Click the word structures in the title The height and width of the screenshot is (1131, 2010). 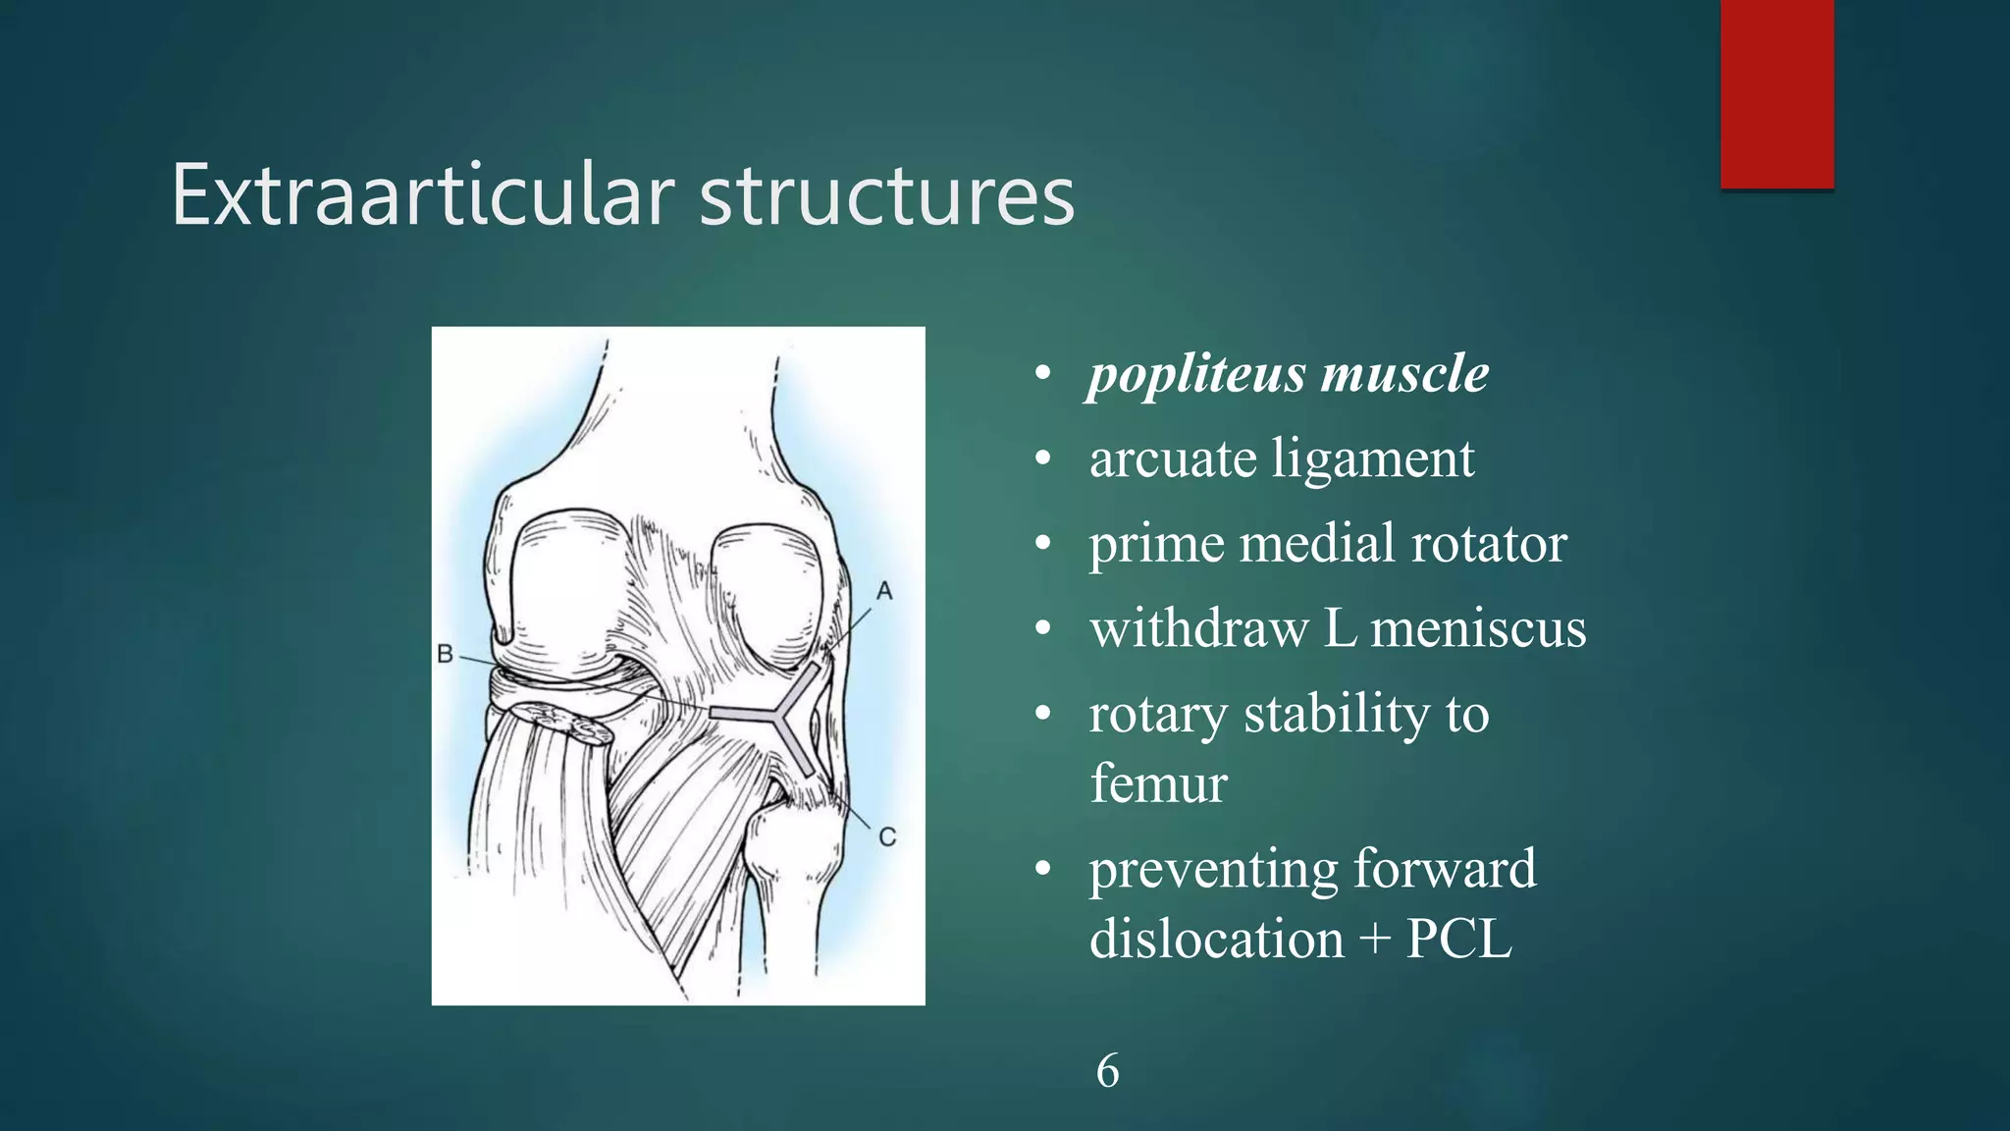[886, 195]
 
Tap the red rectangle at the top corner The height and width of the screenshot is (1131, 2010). [1776, 93]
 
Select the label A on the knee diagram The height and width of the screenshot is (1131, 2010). [884, 591]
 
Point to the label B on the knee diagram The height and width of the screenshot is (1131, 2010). [445, 654]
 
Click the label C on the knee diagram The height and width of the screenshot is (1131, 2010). [887, 837]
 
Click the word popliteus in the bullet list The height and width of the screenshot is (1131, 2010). [1196, 374]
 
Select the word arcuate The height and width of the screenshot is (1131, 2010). [1172, 458]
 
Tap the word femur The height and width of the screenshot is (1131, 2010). [1158, 783]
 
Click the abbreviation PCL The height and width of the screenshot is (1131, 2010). [1458, 940]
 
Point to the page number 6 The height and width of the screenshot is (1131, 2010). [1107, 1071]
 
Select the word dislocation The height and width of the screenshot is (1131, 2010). [1216, 940]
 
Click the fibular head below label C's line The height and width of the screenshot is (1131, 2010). [793, 835]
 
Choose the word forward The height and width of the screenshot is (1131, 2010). [1444, 869]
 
